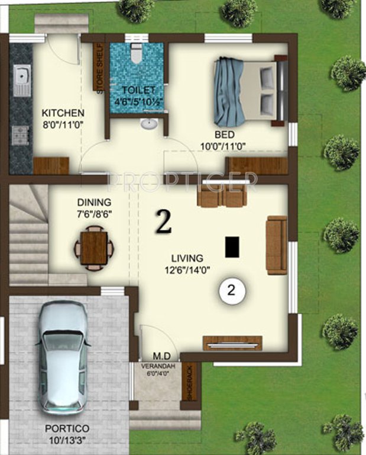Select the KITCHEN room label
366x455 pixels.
pyautogui.click(x=63, y=113)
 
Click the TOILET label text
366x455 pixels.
pyautogui.click(x=138, y=90)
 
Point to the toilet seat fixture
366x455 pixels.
pyautogui.click(x=137, y=55)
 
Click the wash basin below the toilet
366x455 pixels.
pyautogui.click(x=149, y=124)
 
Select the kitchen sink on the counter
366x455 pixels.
pyautogui.click(x=21, y=81)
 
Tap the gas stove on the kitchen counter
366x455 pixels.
pyautogui.click(x=21, y=135)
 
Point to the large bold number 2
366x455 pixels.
pyautogui.click(x=163, y=222)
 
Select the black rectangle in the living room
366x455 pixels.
pyautogui.click(x=232, y=246)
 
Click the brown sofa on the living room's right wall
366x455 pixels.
pyautogui.click(x=276, y=245)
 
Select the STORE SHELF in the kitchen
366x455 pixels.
pyautogui.click(x=99, y=65)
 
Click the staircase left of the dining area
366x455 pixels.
pyautogui.click(x=28, y=237)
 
